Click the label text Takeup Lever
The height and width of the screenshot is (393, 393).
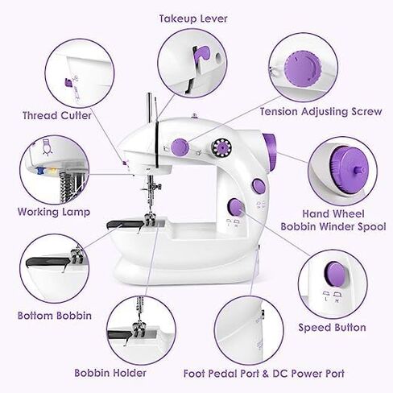point(193,18)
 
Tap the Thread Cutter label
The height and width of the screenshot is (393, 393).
point(57,115)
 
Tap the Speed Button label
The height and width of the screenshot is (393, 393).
point(332,328)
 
